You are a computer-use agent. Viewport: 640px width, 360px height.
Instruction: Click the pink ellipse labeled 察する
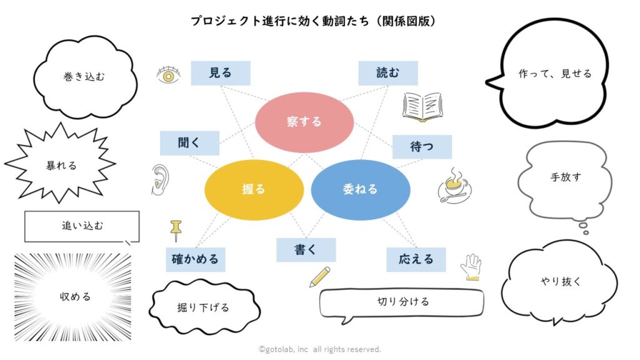[304, 122]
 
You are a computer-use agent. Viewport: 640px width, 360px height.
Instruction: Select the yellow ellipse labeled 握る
[254, 189]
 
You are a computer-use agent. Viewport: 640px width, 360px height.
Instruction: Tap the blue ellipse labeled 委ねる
[360, 189]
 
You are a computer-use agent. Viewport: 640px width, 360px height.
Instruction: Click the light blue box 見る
[220, 73]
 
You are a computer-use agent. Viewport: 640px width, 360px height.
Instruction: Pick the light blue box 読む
[387, 73]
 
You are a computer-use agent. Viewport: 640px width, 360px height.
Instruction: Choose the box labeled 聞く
[189, 143]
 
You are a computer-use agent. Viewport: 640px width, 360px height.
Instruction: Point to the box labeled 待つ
[422, 147]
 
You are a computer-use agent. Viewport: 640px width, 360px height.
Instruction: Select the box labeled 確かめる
[196, 259]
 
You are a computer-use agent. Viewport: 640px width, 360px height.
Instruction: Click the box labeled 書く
[306, 250]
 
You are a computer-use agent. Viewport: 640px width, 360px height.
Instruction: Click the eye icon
[168, 75]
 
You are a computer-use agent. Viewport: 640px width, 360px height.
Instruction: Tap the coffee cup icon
[454, 186]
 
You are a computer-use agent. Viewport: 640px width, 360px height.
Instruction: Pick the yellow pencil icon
[320, 277]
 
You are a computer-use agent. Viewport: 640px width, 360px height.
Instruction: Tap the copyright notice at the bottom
[319, 349]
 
